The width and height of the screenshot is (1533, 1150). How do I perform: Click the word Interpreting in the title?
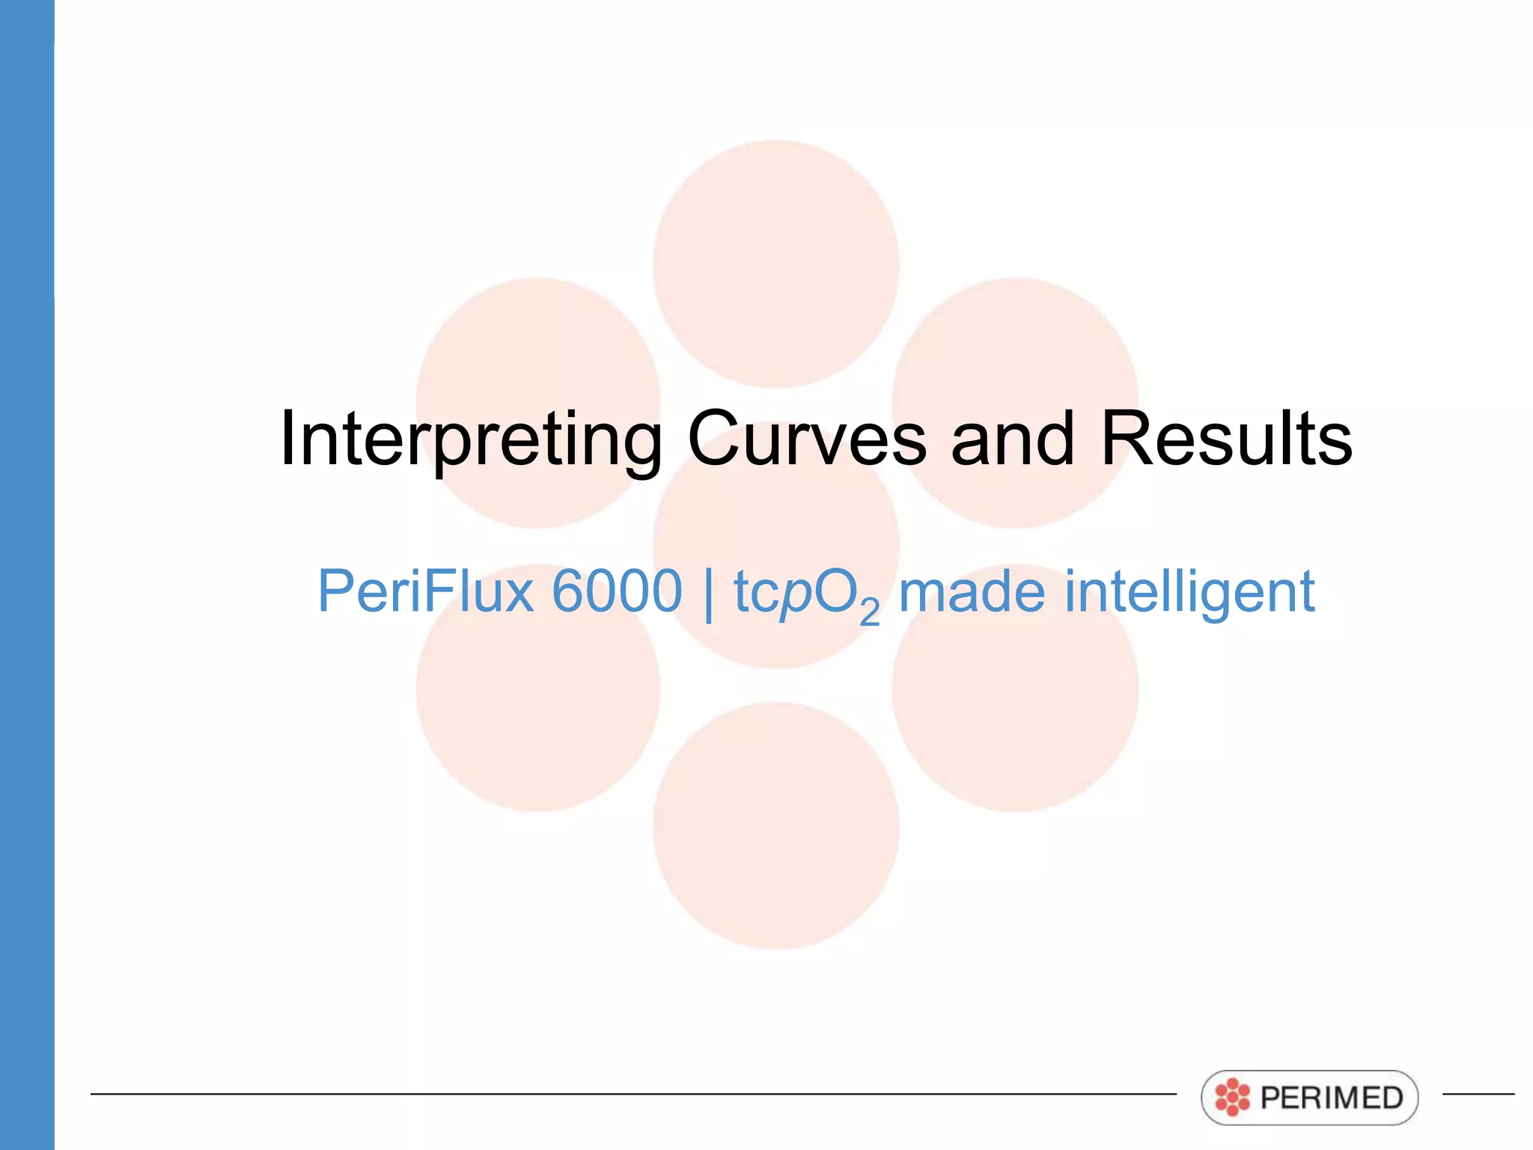pos(470,439)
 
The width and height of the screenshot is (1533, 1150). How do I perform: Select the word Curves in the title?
pos(807,439)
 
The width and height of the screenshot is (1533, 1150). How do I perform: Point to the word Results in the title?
pos(1226,439)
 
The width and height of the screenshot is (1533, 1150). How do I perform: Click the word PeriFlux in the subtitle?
pos(425,591)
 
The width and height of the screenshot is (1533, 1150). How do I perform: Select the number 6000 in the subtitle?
pos(617,591)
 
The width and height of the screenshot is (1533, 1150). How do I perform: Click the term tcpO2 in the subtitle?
pos(805,594)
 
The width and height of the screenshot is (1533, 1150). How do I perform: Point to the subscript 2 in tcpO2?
pos(869,612)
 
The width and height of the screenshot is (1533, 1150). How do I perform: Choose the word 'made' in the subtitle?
pos(971,591)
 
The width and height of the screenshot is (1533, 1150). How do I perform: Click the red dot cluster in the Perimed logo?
pos(1232,1098)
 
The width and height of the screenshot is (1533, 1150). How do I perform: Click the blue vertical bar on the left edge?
pos(27,575)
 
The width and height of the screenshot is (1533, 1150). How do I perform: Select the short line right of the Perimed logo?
pos(1478,1094)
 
